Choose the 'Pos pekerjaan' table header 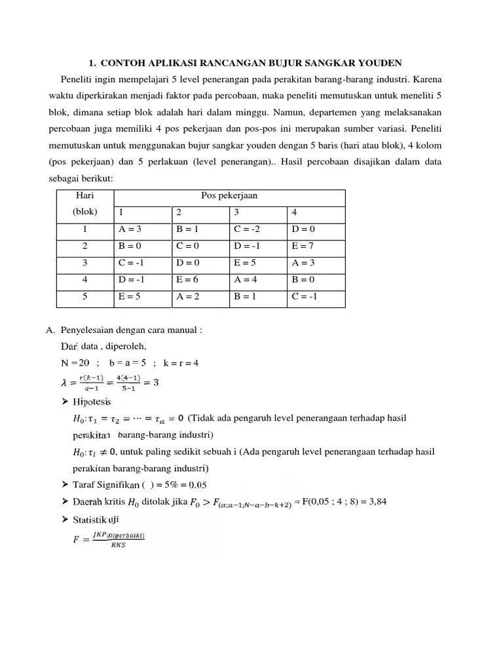point(229,195)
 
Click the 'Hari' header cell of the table point(85,195)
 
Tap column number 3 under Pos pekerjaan point(237,212)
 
